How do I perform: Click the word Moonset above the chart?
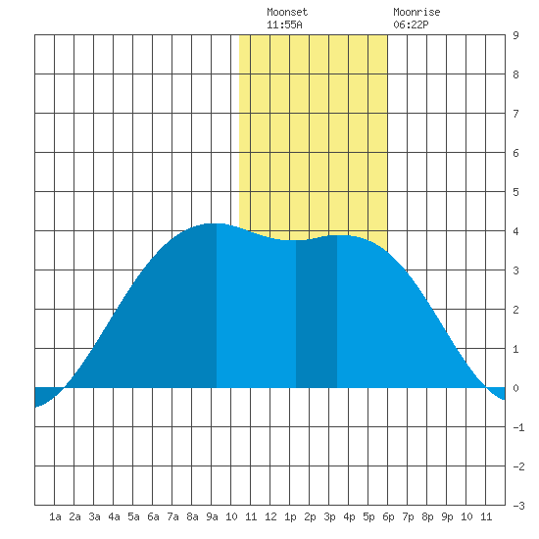[287, 12]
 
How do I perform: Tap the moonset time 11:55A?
[284, 24]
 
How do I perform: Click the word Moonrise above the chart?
[416, 12]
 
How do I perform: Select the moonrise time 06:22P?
[411, 24]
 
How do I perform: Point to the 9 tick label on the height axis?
[515, 35]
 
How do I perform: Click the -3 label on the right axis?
[518, 506]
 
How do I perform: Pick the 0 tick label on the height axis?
[515, 388]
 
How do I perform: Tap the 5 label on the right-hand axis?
[515, 192]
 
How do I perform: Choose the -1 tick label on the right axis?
[518, 427]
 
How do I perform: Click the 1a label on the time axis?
[55, 516]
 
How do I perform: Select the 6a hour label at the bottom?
[153, 516]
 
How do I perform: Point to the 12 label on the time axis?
[270, 516]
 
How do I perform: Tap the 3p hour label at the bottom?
[329, 516]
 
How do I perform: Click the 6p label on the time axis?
[388, 516]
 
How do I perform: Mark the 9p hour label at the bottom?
[447, 516]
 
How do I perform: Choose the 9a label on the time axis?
[212, 516]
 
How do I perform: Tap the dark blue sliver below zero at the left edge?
[45, 394]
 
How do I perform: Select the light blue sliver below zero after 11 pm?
[498, 392]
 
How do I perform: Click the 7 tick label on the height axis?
[515, 114]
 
